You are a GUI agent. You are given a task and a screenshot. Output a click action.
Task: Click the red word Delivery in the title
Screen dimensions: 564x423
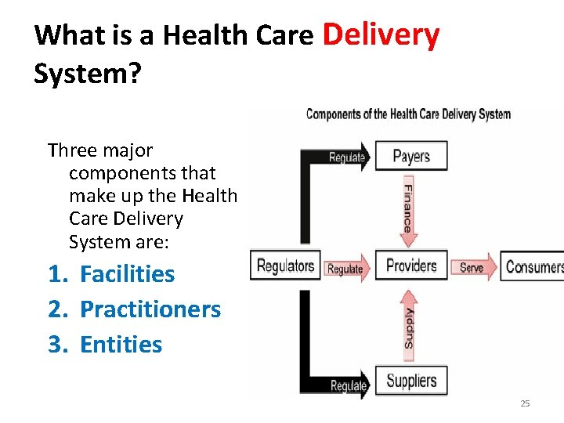click(381, 34)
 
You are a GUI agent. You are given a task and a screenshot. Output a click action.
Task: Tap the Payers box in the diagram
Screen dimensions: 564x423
click(411, 156)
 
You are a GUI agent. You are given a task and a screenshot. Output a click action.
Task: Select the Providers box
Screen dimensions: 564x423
click(411, 266)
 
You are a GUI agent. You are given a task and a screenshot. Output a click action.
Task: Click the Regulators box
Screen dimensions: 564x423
click(285, 266)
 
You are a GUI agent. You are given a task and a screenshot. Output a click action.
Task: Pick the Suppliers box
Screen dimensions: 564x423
click(411, 381)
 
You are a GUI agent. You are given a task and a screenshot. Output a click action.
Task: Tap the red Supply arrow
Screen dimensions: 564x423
click(408, 325)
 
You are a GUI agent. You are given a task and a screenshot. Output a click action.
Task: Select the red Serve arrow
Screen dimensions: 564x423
click(473, 267)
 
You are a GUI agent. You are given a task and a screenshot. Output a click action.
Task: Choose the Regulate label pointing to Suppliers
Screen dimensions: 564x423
click(349, 385)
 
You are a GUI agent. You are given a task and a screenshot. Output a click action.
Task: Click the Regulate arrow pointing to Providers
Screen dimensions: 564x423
click(345, 269)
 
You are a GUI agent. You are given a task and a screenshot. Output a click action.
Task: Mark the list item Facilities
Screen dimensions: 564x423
click(127, 274)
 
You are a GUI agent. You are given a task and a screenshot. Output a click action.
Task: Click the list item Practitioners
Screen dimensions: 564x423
click(150, 309)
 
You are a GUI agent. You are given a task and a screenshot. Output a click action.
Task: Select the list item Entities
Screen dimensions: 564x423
click(121, 345)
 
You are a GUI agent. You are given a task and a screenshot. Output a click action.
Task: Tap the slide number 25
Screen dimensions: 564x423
click(525, 403)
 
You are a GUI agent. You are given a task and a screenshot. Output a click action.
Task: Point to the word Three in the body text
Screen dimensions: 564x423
click(71, 150)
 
